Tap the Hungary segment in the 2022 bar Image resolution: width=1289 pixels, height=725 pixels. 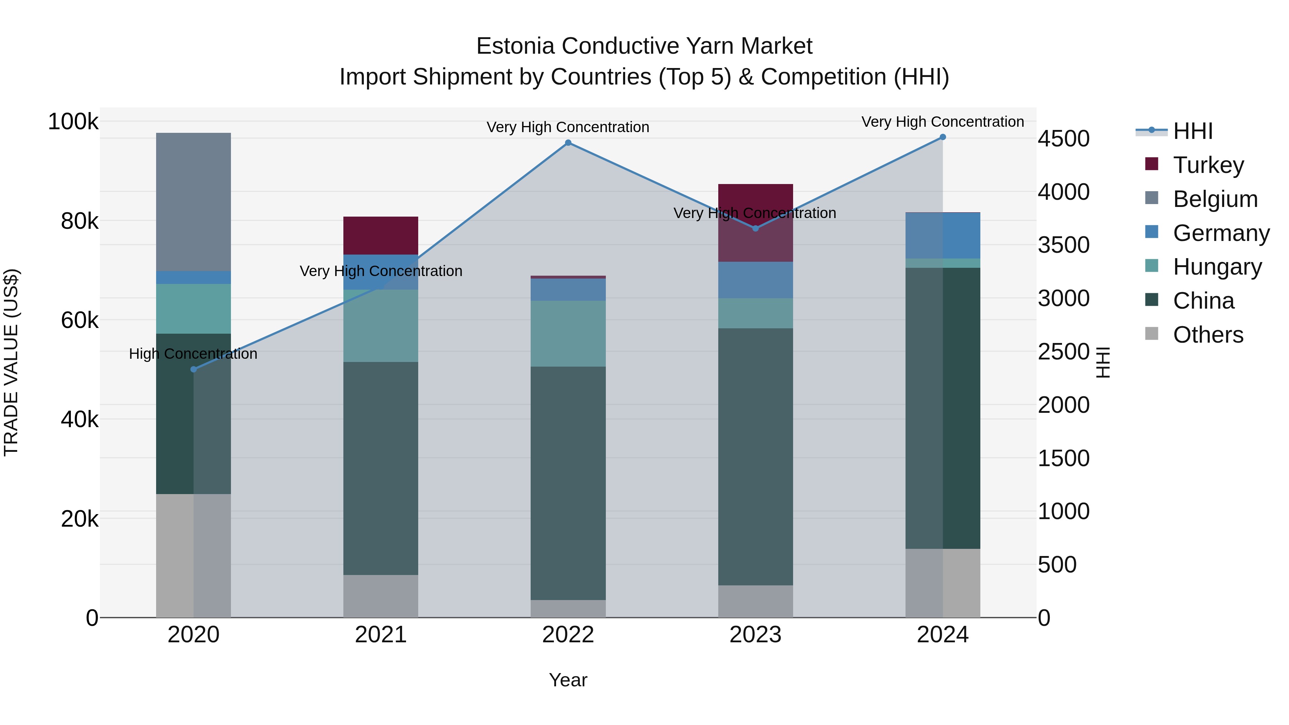pyautogui.click(x=568, y=333)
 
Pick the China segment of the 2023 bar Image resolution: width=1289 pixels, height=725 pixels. pyautogui.click(x=755, y=456)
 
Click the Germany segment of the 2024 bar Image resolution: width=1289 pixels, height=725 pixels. pyautogui.click(x=943, y=236)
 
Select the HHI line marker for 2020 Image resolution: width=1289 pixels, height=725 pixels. pyautogui.click(x=194, y=369)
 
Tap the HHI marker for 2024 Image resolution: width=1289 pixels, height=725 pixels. pyautogui.click(x=943, y=137)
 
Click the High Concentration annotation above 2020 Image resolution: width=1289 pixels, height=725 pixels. pyautogui.click(x=193, y=354)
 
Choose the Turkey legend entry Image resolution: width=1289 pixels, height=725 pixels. pyautogui.click(x=1208, y=165)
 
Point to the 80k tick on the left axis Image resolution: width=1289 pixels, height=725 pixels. pyautogui.click(x=79, y=221)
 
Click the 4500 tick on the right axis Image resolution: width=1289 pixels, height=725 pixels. pyautogui.click(x=1063, y=139)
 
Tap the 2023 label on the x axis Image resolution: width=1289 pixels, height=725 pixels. pyautogui.click(x=755, y=635)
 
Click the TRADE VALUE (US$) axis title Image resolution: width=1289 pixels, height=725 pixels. pyautogui.click(x=11, y=362)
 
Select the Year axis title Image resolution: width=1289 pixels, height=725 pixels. pyautogui.click(x=568, y=680)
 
